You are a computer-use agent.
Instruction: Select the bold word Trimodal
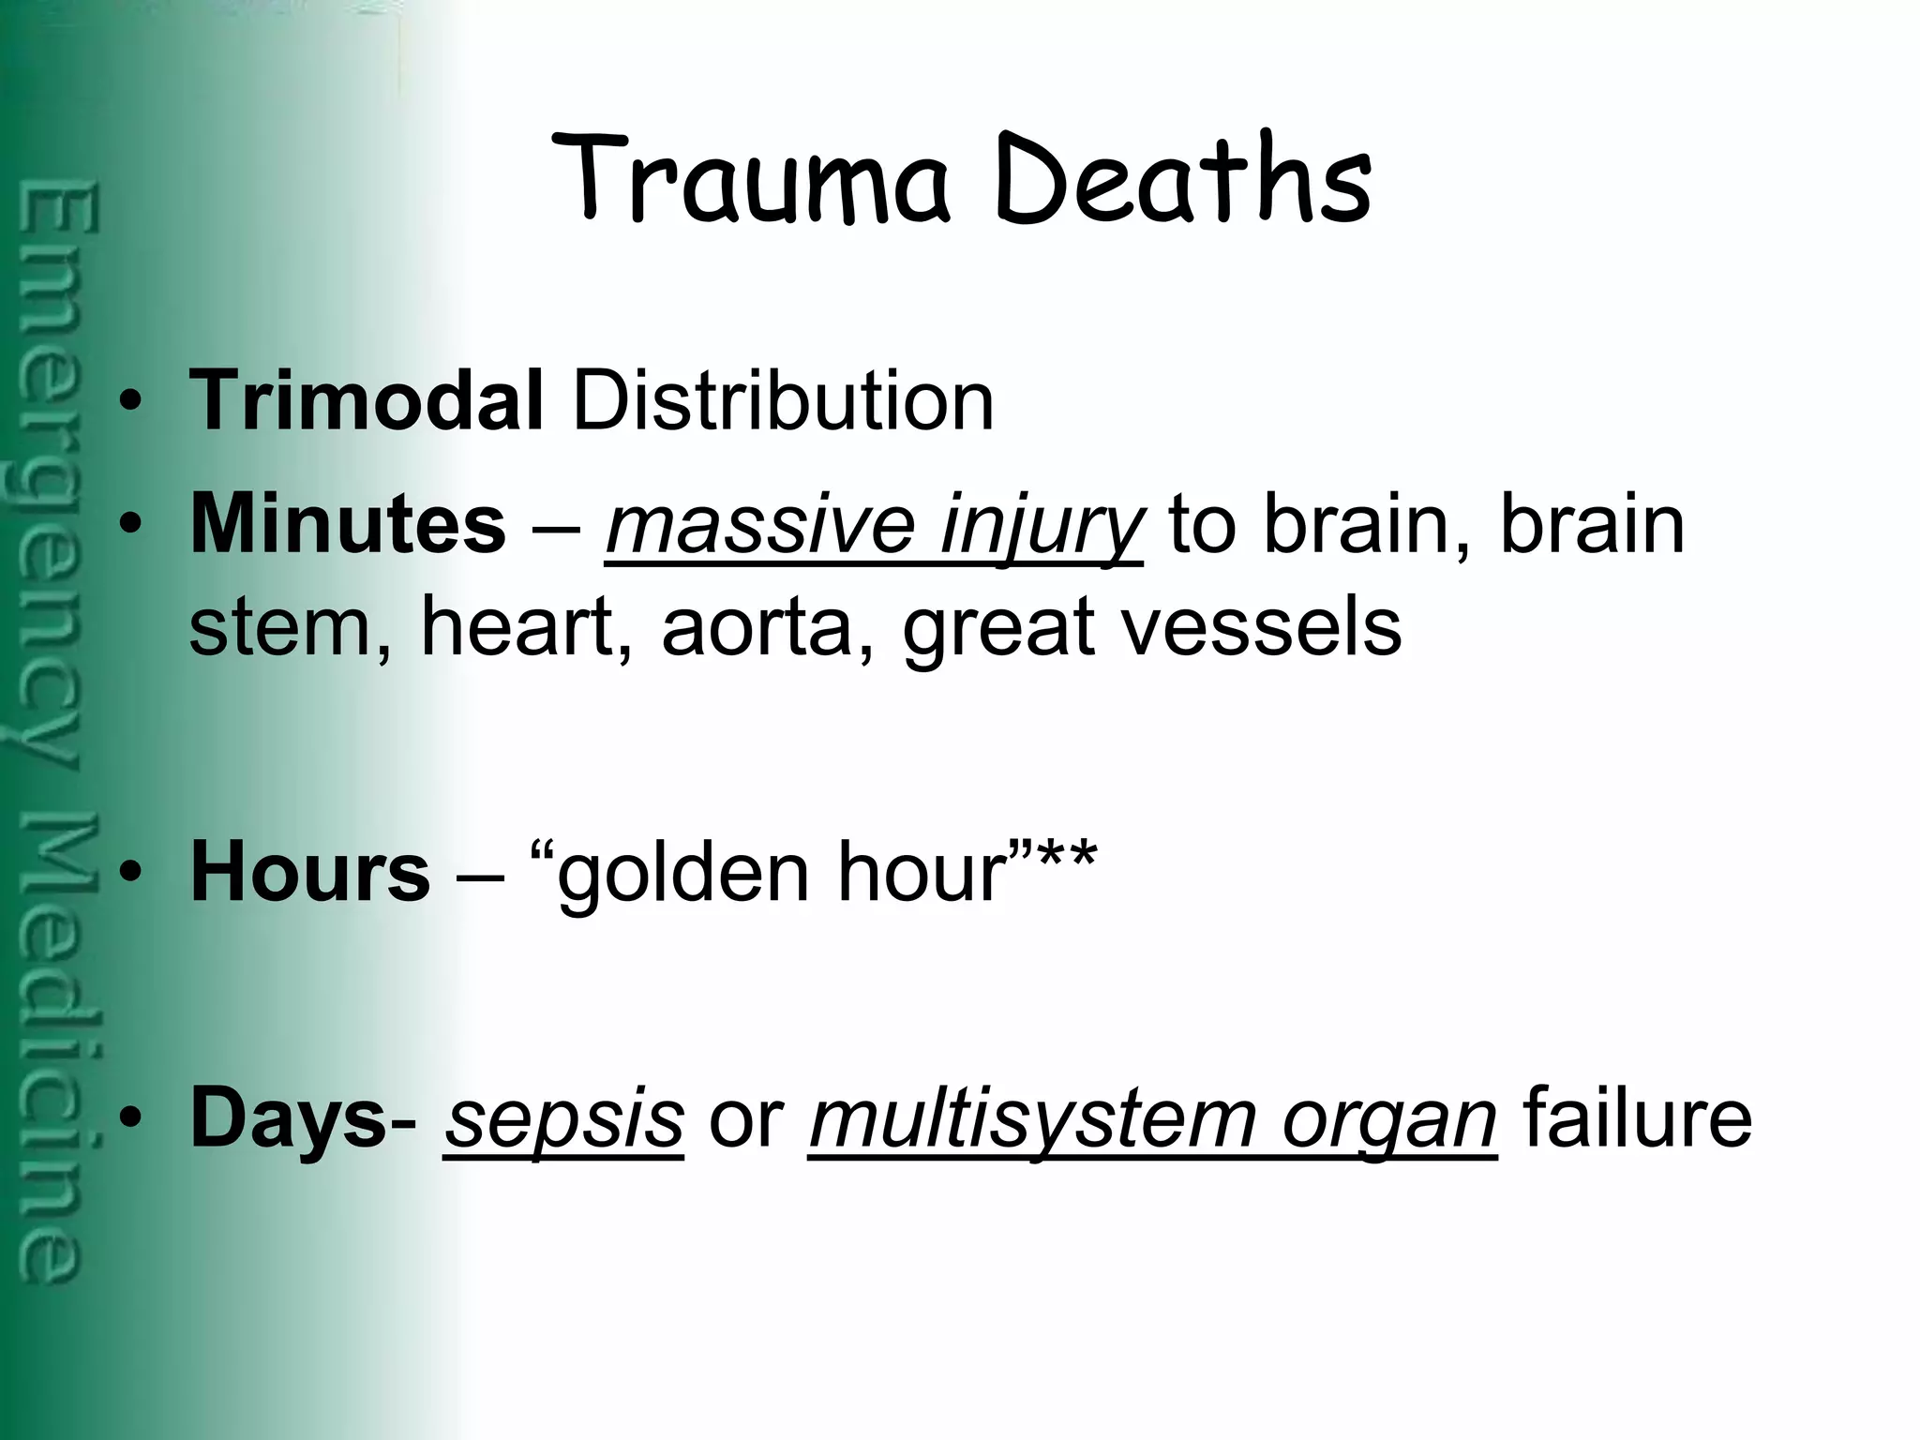click(367, 401)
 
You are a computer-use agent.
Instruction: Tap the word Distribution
click(783, 401)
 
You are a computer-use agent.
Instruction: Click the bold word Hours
click(310, 872)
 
